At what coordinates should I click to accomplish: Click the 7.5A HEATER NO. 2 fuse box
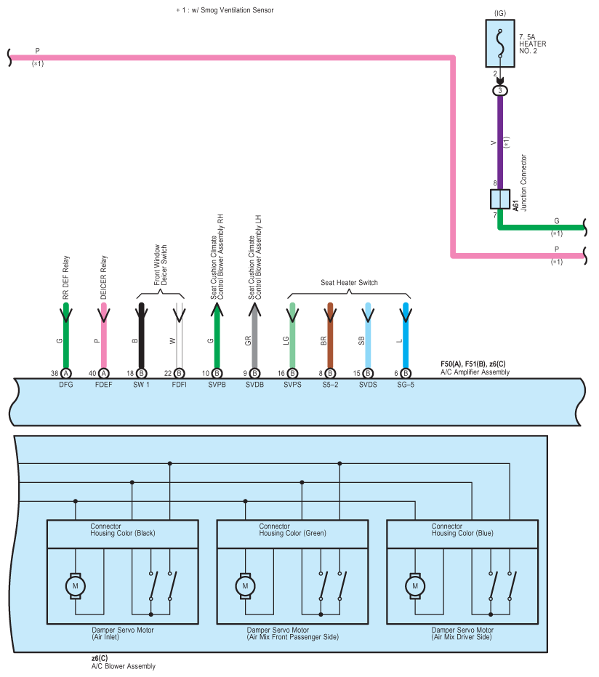coord(499,43)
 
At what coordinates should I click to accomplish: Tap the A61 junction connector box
coord(500,199)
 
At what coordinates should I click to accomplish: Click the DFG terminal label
coord(66,385)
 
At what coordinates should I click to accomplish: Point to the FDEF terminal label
coord(103,385)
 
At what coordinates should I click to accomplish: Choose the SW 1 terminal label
coord(141,385)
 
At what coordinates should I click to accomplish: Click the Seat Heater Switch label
coord(349,282)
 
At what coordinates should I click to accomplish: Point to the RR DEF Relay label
coord(66,278)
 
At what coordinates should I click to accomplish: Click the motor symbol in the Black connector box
coord(75,586)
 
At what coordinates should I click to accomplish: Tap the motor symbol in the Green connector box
coord(245,586)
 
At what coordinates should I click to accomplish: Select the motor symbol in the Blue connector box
coord(415,586)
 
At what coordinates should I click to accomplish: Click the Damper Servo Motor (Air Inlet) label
coord(123,633)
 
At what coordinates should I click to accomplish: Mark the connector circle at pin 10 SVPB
coord(217,374)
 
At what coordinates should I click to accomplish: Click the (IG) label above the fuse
coord(500,13)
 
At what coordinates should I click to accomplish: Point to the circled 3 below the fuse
coord(500,91)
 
